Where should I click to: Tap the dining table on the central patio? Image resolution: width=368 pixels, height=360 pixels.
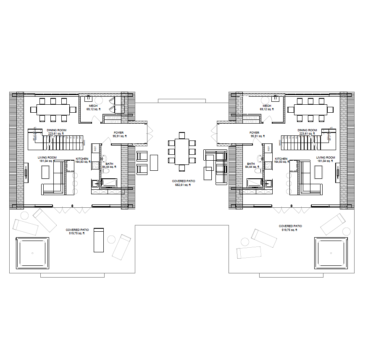click(x=182, y=152)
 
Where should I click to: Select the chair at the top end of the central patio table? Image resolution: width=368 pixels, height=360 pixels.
click(x=182, y=135)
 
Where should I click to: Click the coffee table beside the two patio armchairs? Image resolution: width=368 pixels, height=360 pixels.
click(x=154, y=162)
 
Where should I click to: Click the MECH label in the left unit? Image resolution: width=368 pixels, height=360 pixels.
click(x=93, y=106)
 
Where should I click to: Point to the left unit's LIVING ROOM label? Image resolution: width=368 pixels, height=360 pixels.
click(x=47, y=158)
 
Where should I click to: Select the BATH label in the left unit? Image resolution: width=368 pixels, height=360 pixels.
click(x=109, y=164)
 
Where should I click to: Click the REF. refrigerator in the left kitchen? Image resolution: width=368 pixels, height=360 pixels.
click(x=95, y=148)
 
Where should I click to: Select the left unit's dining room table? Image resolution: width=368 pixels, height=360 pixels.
click(x=53, y=109)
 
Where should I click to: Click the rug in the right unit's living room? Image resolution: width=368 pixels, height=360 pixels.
click(x=318, y=172)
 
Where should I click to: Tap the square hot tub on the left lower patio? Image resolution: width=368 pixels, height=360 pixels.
click(x=32, y=253)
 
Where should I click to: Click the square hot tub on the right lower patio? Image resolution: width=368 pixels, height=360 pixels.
click(x=331, y=253)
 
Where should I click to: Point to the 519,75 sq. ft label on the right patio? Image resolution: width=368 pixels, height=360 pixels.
click(x=290, y=230)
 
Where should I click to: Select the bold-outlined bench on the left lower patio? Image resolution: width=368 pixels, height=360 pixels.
click(x=98, y=240)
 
